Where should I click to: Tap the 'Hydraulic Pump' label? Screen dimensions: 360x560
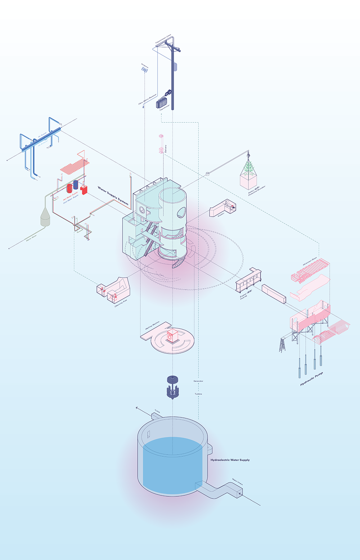(311, 379)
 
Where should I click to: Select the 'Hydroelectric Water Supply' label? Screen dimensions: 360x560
(230, 460)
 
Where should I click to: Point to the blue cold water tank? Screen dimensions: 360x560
(76, 185)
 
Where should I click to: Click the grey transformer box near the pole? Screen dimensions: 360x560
(162, 103)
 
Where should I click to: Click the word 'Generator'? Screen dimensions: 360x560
(198, 381)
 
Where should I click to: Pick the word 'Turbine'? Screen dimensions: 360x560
(198, 394)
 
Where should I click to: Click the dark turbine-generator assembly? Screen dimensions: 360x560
(173, 387)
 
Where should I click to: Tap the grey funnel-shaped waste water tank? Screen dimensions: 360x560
(45, 217)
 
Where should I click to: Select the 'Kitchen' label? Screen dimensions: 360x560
(221, 214)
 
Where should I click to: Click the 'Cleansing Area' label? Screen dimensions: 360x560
(121, 303)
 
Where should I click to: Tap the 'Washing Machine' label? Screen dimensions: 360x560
(153, 326)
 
